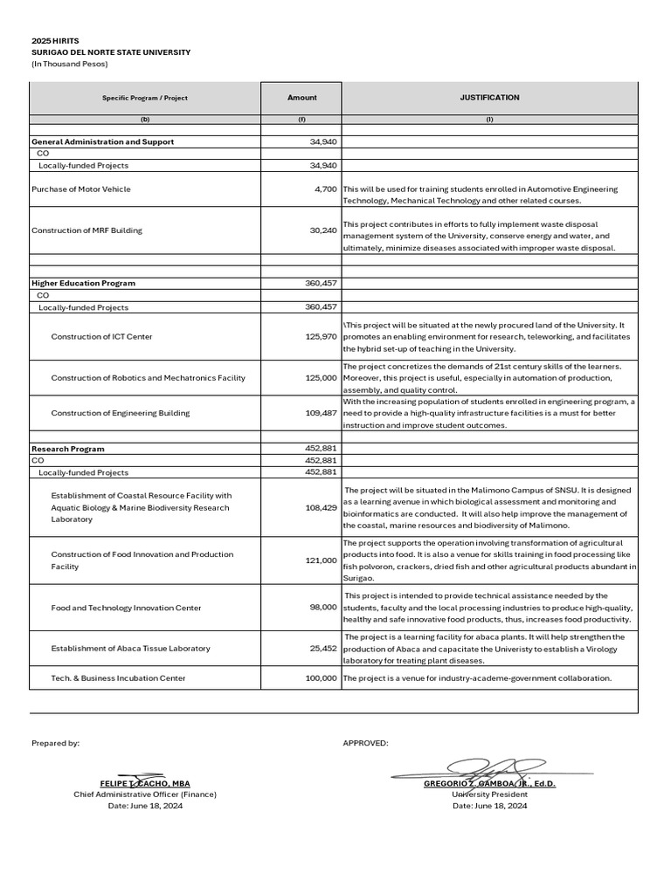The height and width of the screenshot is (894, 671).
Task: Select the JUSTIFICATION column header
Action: pyautogui.click(x=489, y=98)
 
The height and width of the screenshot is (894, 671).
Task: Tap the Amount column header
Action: pyautogui.click(x=301, y=98)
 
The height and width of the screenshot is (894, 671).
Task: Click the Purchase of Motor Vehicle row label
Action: pyautogui.click(x=80, y=189)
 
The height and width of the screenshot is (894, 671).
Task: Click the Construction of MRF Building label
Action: pyautogui.click(x=86, y=230)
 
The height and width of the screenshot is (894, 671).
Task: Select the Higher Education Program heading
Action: pyautogui.click(x=83, y=283)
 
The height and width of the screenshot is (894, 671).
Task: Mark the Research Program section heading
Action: pyautogui.click(x=67, y=449)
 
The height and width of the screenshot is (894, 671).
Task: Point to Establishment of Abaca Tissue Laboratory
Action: pyautogui.click(x=130, y=649)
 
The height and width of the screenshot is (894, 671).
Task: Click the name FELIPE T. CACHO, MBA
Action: pyautogui.click(x=145, y=784)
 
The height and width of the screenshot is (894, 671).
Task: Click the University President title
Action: pyautogui.click(x=489, y=794)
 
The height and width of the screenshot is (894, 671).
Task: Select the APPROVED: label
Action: pyautogui.click(x=365, y=743)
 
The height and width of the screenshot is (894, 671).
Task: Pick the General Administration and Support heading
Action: pyautogui.click(x=102, y=141)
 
